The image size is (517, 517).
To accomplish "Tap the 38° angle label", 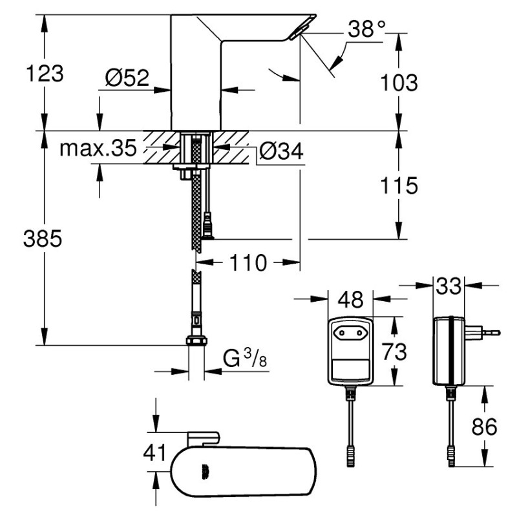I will [366, 29].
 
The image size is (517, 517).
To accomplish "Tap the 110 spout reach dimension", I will [248, 263].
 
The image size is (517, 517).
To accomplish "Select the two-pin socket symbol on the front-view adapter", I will [350, 333].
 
